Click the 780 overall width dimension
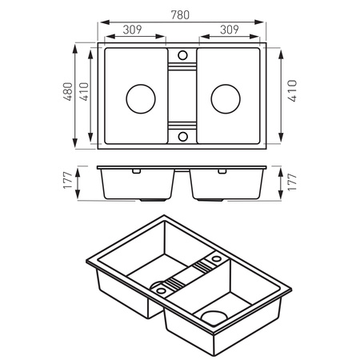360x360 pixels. [180, 15]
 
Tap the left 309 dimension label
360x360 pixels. [132, 30]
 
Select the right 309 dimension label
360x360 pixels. [230, 30]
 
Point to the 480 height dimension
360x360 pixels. [68, 91]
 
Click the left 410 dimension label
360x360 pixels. [84, 91]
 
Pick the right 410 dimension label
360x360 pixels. [292, 90]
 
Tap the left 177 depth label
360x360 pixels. [68, 181]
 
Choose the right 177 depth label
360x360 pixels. [292, 182]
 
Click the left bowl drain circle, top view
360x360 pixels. [141, 98]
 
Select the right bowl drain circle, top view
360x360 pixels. [226, 98]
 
